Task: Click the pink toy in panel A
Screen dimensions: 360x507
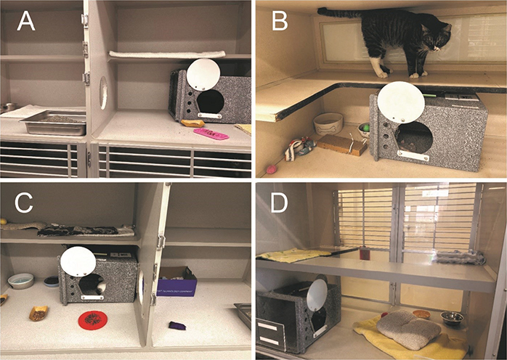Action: [x=211, y=134]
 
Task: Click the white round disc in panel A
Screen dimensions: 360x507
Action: [x=203, y=75]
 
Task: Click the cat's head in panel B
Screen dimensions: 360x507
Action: [x=439, y=36]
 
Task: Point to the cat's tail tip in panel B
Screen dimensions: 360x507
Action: [x=321, y=11]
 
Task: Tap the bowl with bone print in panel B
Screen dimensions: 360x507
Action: [x=328, y=123]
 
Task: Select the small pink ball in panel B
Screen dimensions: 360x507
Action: [x=272, y=169]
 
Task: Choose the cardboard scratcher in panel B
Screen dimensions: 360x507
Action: [x=342, y=144]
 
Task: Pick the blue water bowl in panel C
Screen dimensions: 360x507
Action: [x=21, y=280]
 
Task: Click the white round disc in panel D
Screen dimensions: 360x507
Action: [x=317, y=295]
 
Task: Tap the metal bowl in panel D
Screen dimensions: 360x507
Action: [x=453, y=317]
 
